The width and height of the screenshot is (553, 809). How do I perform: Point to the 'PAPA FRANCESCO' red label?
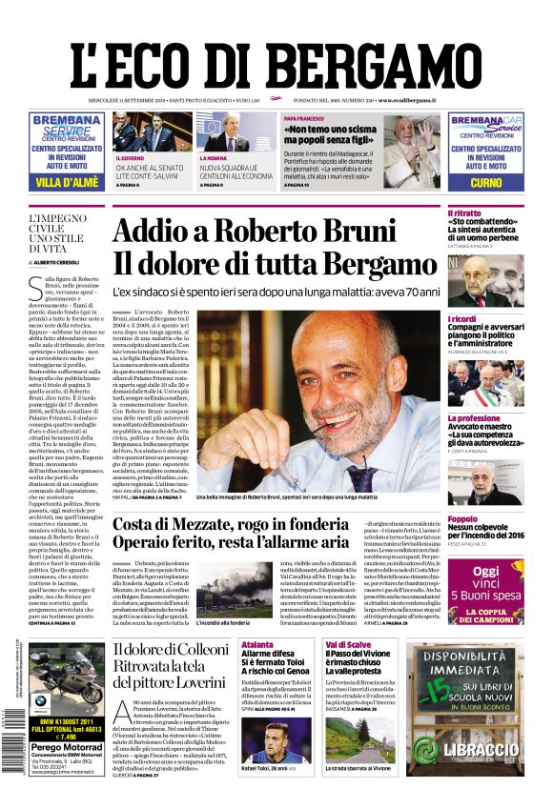[303, 118]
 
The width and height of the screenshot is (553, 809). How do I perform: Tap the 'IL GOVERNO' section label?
[130, 158]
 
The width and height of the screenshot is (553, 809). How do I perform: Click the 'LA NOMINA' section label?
[213, 158]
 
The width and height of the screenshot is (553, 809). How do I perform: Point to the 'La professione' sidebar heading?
[474, 418]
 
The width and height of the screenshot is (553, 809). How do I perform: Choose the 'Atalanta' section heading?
[257, 644]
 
